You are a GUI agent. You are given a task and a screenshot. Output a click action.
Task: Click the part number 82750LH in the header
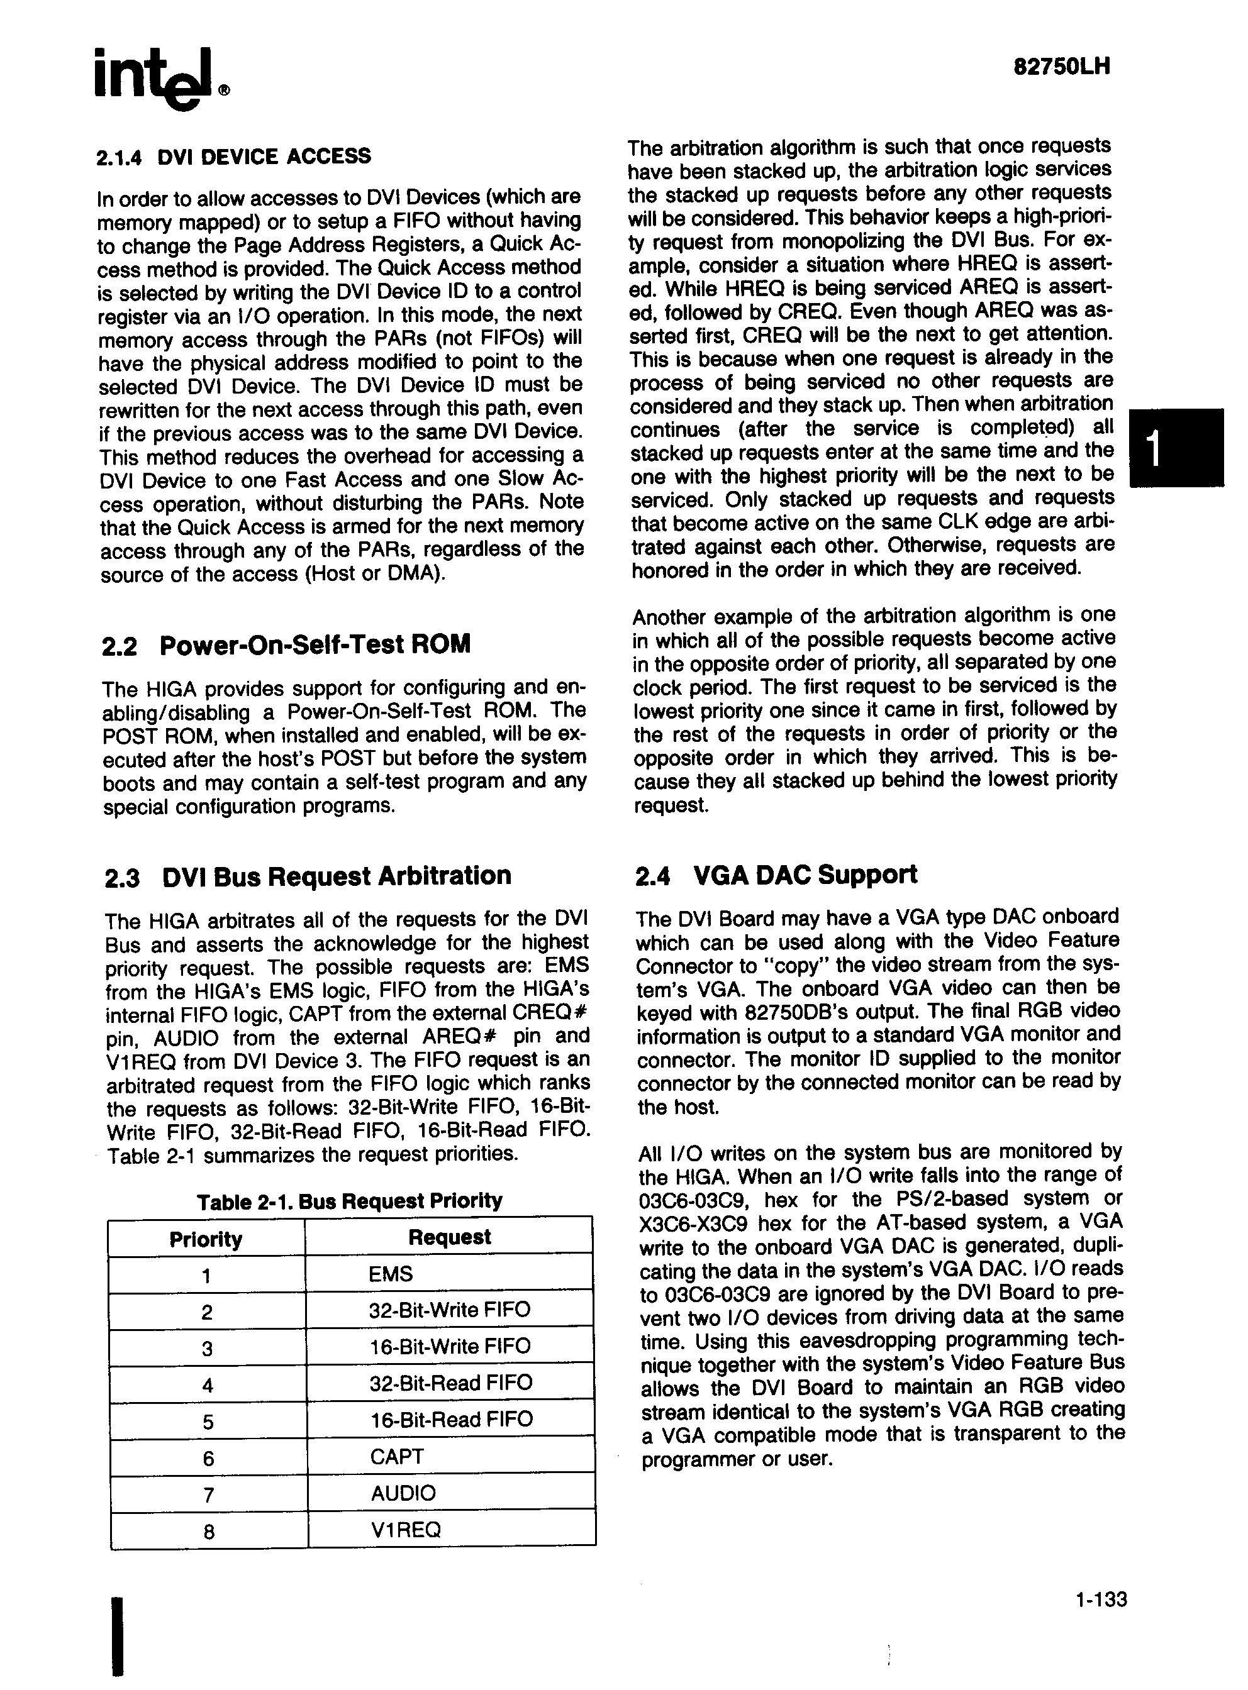[1061, 67]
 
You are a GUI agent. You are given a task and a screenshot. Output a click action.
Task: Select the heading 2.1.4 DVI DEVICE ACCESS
[234, 157]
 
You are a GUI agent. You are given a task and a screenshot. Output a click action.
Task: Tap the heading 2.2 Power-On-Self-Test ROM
[286, 645]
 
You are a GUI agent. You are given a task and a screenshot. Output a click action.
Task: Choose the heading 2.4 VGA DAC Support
[776, 875]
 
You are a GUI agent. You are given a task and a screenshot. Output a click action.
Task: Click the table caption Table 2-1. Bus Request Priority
[349, 1201]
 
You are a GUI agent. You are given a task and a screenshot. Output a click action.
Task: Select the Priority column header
[206, 1239]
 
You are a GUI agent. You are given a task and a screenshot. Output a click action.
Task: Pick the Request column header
[450, 1237]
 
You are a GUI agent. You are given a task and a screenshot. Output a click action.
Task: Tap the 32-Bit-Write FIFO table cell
[450, 1310]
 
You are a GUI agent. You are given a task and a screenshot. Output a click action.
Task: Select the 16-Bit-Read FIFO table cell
[451, 1420]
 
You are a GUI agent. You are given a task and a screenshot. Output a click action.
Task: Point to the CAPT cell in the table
[397, 1457]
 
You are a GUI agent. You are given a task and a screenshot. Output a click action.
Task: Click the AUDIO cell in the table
[403, 1493]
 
